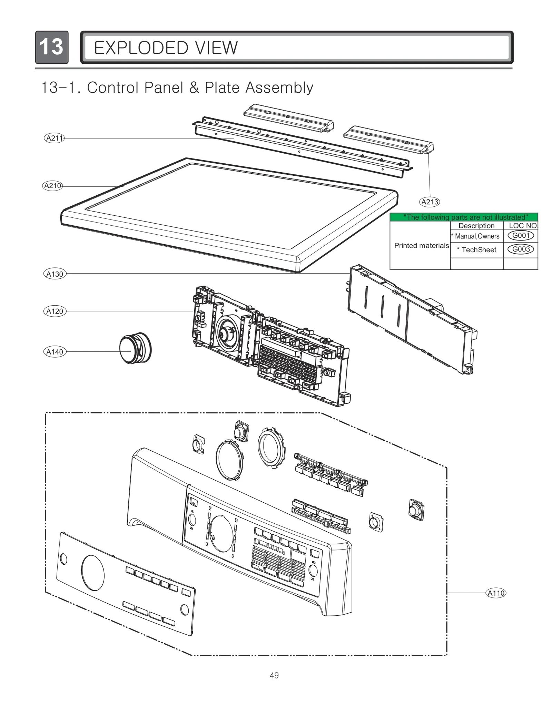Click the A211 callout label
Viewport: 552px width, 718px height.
55,138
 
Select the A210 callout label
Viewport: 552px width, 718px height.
52,186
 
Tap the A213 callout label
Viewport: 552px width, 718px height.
430,202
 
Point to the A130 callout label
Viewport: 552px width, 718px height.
55,274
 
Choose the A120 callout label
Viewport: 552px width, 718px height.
55,311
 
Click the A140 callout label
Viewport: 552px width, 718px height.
55,352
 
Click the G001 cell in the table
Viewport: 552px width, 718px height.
521,236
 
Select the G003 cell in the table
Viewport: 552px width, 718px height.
521,249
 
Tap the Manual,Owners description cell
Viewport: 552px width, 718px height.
476,236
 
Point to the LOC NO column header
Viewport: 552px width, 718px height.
522,226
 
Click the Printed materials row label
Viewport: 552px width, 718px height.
421,245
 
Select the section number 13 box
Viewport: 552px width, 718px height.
52,47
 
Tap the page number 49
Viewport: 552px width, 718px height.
274,675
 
